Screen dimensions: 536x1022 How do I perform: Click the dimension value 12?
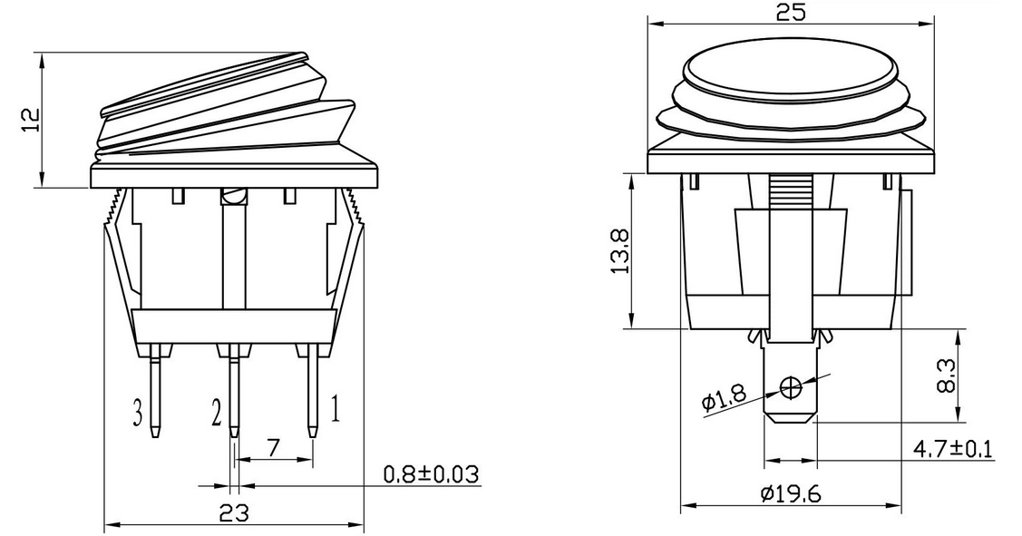[x=31, y=120]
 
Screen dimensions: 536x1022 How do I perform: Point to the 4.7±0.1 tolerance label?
[x=952, y=449]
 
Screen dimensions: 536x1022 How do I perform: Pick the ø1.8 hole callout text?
[x=725, y=397]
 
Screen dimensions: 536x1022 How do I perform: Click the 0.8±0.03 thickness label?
[x=430, y=473]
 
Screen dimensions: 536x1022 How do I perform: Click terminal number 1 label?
[x=334, y=411]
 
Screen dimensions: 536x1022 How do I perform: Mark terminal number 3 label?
[x=138, y=414]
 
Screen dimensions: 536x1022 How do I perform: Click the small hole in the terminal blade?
[x=791, y=388]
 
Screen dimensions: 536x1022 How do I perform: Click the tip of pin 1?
[x=313, y=434]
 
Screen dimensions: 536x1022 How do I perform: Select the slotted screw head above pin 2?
[x=234, y=196]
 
